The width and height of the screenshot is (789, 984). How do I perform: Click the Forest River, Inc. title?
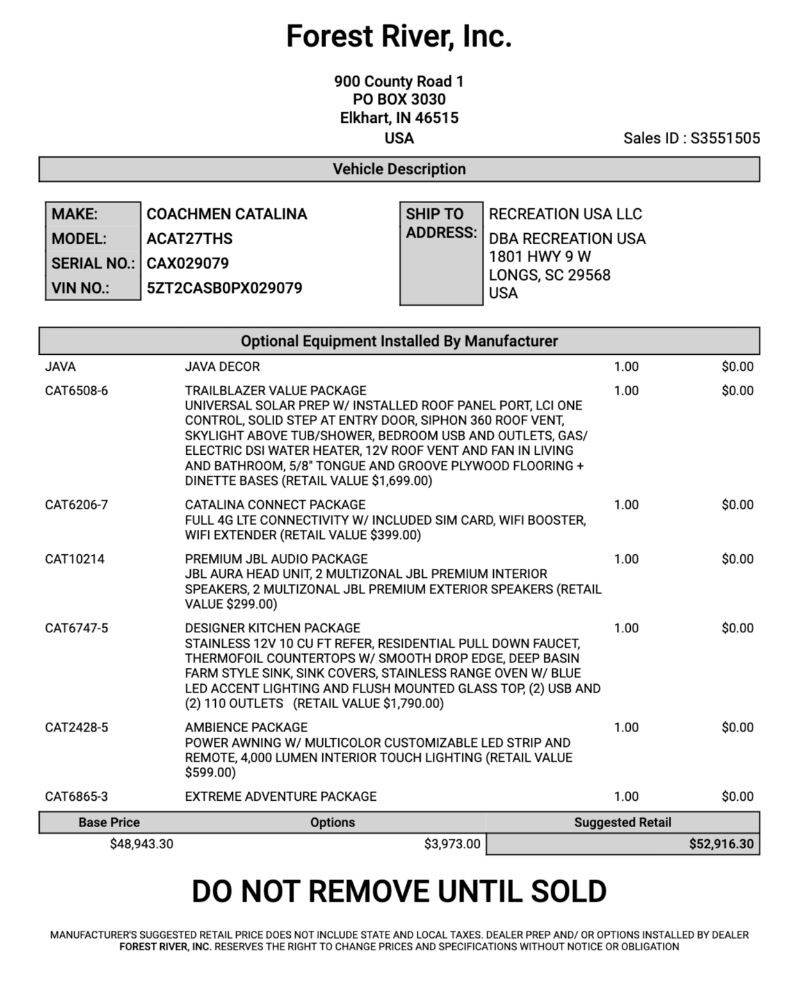pyautogui.click(x=398, y=37)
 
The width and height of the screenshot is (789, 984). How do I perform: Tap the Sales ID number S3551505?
pyautogui.click(x=725, y=138)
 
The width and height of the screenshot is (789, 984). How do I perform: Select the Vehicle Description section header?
pyautogui.click(x=399, y=169)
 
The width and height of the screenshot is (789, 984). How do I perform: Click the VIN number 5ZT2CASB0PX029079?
pyautogui.click(x=224, y=288)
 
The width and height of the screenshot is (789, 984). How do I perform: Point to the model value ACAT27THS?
pyautogui.click(x=190, y=239)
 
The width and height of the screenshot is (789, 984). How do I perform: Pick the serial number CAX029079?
pyautogui.click(x=188, y=263)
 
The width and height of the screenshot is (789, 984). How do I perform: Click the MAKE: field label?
pyautogui.click(x=75, y=214)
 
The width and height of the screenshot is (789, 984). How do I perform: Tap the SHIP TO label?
pyautogui.click(x=434, y=214)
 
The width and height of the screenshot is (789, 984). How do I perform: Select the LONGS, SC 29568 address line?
pyautogui.click(x=549, y=275)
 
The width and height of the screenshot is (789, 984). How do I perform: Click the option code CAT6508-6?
pyautogui.click(x=76, y=391)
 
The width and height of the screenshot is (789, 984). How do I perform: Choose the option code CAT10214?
pyautogui.click(x=74, y=559)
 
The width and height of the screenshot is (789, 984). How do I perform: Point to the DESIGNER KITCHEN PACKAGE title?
pyautogui.click(x=272, y=628)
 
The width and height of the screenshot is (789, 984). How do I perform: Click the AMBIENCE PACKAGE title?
pyautogui.click(x=246, y=728)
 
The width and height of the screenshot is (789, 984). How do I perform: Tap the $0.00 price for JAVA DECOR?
pyautogui.click(x=737, y=367)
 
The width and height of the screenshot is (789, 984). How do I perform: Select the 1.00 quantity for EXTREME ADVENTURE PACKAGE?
pyautogui.click(x=626, y=797)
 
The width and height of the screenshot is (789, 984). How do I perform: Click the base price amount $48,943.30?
pyautogui.click(x=142, y=844)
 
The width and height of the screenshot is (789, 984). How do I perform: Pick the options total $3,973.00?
pyautogui.click(x=451, y=844)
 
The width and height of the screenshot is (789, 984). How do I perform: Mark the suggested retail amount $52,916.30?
pyautogui.click(x=721, y=844)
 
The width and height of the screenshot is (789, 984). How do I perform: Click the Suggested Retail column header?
pyautogui.click(x=622, y=823)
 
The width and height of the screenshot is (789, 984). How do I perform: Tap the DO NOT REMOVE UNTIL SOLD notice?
pyautogui.click(x=399, y=892)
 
